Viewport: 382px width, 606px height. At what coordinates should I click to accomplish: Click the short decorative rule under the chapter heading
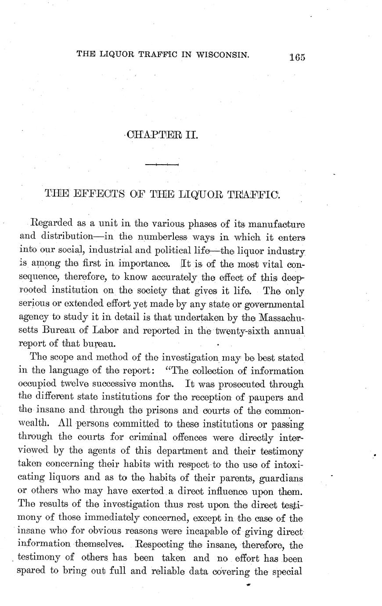(x=161, y=165)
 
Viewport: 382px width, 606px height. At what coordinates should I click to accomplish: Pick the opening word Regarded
(x=47, y=224)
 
